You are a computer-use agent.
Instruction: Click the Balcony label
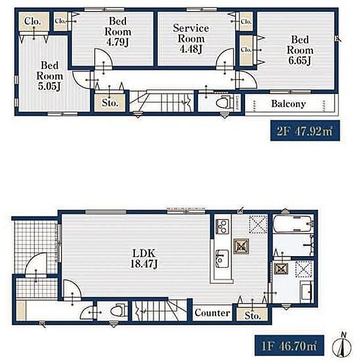pos(288,104)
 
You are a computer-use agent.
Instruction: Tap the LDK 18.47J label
pos(144,258)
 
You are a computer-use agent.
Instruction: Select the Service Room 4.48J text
pos(191,38)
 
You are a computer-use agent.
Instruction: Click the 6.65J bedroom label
pos(300,50)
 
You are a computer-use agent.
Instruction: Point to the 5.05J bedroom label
pos(49,76)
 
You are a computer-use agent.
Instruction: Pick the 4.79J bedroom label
pos(118,32)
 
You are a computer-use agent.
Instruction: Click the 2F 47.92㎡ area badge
pos(305,131)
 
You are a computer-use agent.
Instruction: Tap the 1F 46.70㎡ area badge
pos(289,346)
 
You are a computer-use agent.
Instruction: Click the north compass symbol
pos(342,346)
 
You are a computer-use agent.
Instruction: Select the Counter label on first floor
pos(213,313)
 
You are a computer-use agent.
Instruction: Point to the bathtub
pos(293,224)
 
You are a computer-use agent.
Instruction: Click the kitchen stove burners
pos(222,226)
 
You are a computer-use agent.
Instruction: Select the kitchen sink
pos(222,258)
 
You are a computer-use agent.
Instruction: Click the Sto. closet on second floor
pos(110,103)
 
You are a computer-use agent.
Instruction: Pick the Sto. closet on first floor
pos(252,315)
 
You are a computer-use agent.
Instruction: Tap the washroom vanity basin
pos(307,292)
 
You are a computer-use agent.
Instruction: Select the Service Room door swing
pos(225,59)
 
